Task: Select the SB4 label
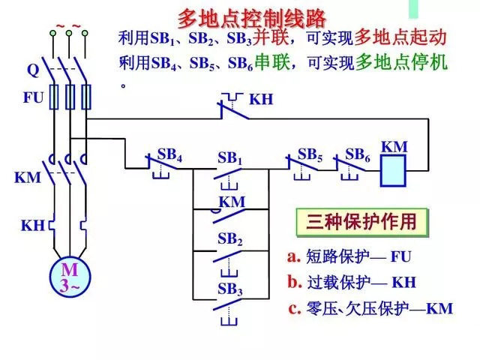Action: [169, 154]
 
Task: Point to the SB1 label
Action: [230, 158]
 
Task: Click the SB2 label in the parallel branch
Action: [230, 239]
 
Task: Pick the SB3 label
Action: [230, 289]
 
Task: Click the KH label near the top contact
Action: [261, 99]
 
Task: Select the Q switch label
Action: [32, 70]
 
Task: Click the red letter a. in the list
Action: [294, 256]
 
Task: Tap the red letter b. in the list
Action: [294, 282]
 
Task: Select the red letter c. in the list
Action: [294, 307]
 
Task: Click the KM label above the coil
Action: [394, 146]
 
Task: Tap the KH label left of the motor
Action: [32, 225]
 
